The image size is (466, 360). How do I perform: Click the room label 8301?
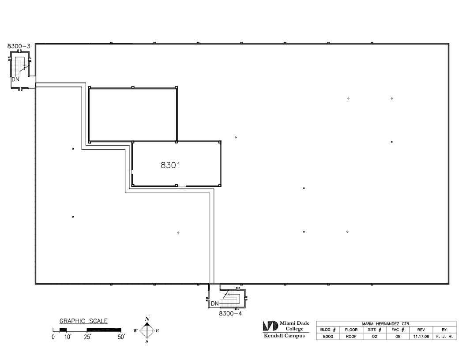coord(170,165)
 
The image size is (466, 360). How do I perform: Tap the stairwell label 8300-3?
coord(19,46)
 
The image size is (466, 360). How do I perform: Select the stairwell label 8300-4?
coord(230,313)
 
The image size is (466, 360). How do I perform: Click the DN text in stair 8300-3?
coord(15,79)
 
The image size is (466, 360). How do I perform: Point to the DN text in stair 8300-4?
coord(214,304)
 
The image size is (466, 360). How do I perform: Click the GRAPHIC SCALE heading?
coord(83,321)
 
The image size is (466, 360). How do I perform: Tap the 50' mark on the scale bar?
coord(121,337)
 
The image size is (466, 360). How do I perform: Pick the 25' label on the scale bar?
coord(87,337)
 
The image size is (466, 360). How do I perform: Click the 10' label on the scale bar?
coord(68,337)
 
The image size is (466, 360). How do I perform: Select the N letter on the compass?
coord(147,319)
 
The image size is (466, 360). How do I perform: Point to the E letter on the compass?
coord(157,330)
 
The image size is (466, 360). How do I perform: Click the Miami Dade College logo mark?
coord(270,326)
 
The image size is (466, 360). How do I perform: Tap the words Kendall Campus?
coord(285,336)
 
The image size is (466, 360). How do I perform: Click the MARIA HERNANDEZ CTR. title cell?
coord(386,324)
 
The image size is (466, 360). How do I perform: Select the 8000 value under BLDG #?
coord(328,337)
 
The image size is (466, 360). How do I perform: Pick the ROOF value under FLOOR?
coord(351,337)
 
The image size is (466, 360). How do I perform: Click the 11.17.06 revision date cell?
coord(421,337)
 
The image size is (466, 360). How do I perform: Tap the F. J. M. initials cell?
coord(444,337)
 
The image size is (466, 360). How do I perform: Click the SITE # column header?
coord(375,330)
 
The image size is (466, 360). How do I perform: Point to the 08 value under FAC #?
coord(398,337)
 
